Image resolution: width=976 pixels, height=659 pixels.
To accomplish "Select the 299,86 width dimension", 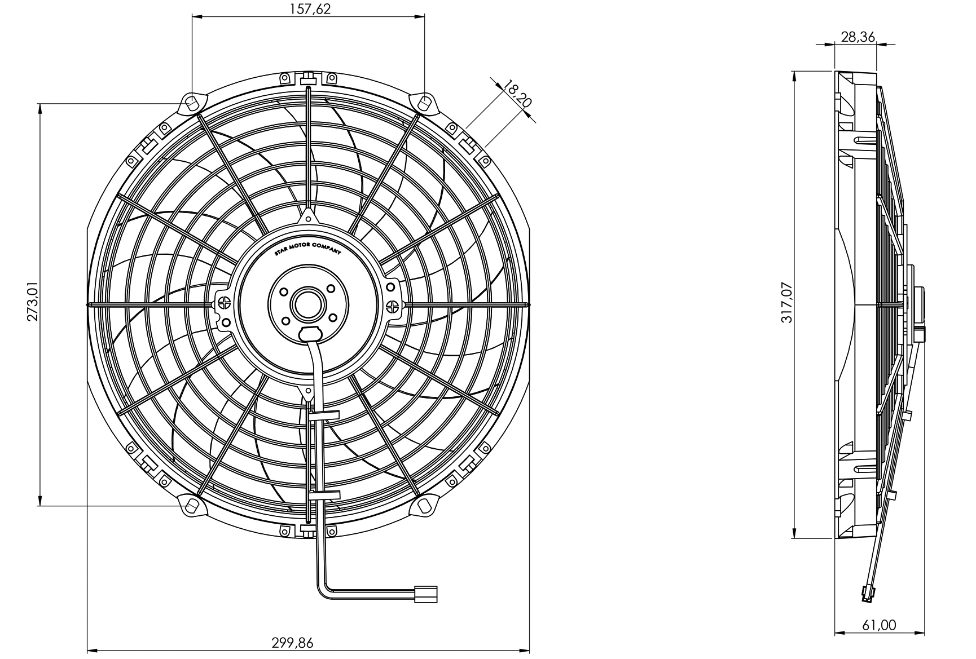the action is coord(292,642).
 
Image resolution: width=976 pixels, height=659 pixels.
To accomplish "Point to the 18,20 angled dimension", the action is coord(517,94).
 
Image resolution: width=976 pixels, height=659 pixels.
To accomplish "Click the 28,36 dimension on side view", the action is coord(858,37).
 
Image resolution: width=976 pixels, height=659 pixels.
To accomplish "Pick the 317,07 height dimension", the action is coord(787,303).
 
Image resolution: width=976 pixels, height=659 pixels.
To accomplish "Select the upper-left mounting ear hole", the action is coord(192,104).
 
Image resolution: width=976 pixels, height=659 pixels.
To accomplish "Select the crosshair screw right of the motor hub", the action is coord(392,306).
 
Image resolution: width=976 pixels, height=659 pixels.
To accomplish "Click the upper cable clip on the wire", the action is coord(324,415).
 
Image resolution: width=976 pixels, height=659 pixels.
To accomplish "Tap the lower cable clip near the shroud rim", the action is coord(324,496).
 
